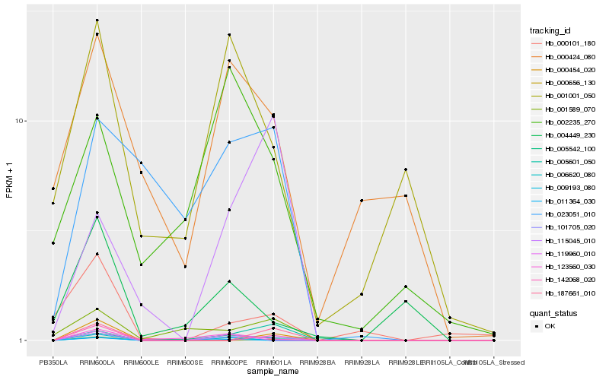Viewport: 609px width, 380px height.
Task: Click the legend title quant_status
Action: pyautogui.click(x=554, y=312)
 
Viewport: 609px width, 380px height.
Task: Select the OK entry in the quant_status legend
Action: pyautogui.click(x=560, y=326)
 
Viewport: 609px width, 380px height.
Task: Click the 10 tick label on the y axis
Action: pyautogui.click(x=21, y=122)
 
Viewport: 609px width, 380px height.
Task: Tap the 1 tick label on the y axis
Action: pyautogui.click(x=24, y=340)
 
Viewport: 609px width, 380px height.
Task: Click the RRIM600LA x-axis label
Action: pyautogui.click(x=97, y=363)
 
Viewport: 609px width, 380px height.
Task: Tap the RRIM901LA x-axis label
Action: pyautogui.click(x=273, y=363)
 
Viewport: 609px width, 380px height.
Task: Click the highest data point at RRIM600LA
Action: pyautogui.click(x=97, y=21)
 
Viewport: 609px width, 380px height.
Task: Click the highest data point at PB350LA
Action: pyautogui.click(x=53, y=188)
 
